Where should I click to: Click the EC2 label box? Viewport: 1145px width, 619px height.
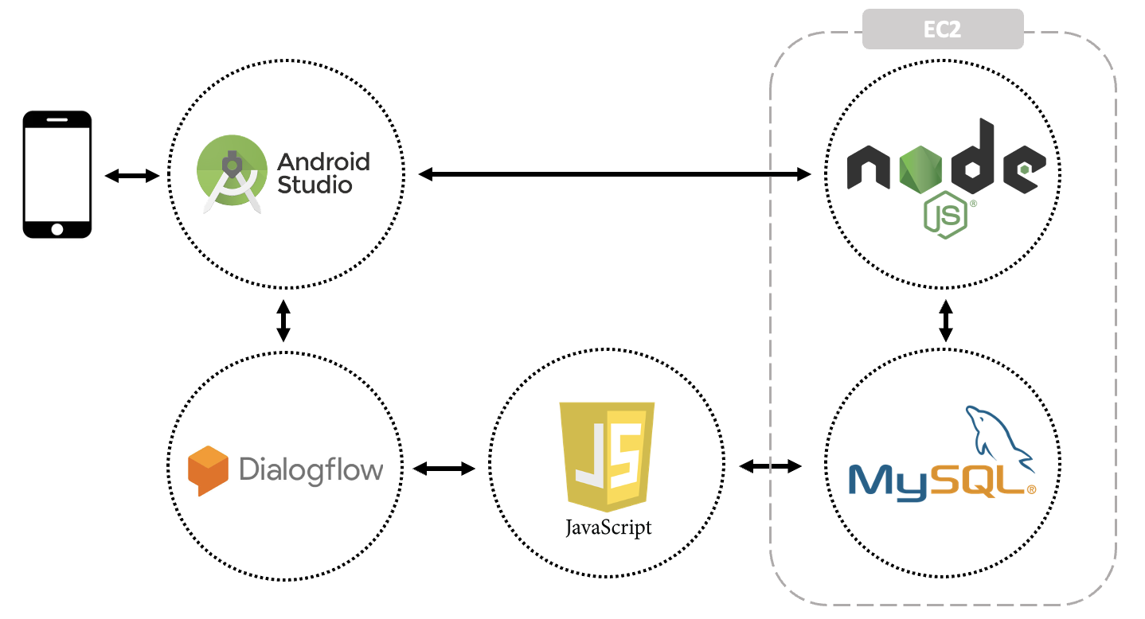click(x=943, y=29)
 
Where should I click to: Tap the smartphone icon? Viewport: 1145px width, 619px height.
click(x=57, y=174)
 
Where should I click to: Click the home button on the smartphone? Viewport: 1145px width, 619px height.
click(x=57, y=229)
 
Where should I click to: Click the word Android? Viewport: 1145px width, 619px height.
click(x=323, y=162)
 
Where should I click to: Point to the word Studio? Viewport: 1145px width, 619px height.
click(x=315, y=185)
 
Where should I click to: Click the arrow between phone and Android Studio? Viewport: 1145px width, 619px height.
click(x=132, y=176)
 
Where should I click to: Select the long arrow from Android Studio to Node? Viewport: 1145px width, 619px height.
click(x=615, y=174)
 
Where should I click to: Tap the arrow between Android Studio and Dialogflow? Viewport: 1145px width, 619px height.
click(x=283, y=321)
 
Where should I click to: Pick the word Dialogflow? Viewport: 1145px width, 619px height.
click(x=311, y=469)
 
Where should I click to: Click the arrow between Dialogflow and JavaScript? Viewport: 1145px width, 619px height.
click(x=444, y=469)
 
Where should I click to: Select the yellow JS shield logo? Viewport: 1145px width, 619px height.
click(x=608, y=457)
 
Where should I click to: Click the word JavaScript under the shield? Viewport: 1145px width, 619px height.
click(x=608, y=528)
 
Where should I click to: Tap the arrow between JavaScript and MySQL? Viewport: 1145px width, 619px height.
click(x=770, y=465)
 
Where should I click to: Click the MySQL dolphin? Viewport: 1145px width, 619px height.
click(x=999, y=438)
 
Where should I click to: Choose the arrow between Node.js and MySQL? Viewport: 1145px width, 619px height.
click(x=946, y=321)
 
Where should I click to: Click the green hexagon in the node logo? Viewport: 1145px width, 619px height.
click(x=920, y=169)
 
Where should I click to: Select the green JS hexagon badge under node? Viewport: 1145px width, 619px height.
click(x=946, y=215)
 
